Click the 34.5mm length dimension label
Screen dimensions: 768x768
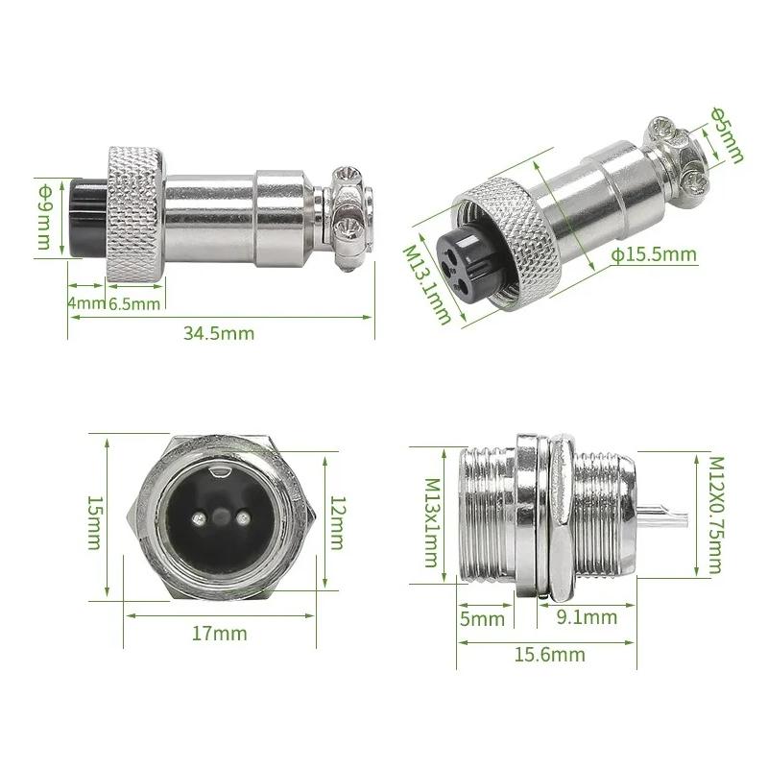pos(218,333)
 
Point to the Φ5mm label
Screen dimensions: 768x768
pos(726,132)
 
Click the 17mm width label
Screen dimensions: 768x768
pos(220,634)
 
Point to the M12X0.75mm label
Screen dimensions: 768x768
pos(714,514)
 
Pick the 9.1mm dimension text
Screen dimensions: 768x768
pos(587,617)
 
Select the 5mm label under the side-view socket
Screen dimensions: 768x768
pos(481,618)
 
